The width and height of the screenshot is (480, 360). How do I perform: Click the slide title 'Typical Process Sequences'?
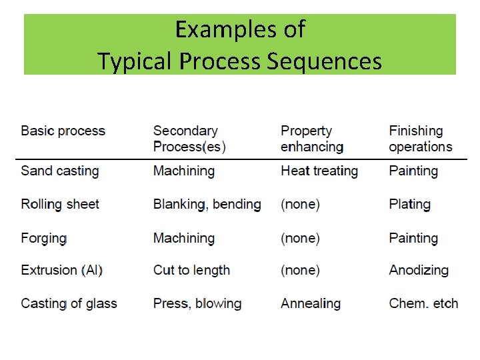coord(239,61)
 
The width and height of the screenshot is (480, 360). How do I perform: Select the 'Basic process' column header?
coord(63,131)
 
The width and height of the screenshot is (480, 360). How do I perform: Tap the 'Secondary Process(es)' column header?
coord(189,139)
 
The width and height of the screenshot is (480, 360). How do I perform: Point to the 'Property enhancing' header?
coord(311,139)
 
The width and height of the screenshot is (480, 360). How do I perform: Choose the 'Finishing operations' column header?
coord(420,139)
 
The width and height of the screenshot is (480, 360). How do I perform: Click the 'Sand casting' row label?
coord(59,171)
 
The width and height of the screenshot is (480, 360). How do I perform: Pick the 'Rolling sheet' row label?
coord(59,204)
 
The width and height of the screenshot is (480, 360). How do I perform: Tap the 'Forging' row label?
coord(43,238)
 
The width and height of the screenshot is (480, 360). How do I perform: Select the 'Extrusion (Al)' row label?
coord(61,270)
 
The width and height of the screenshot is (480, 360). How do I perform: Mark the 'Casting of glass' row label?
coord(69,303)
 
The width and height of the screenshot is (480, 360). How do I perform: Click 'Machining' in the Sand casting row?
coord(184,171)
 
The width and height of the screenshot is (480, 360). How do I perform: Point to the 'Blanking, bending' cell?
coord(207,204)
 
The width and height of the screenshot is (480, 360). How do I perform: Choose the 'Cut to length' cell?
coord(191,270)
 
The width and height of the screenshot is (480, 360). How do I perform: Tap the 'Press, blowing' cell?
coord(197,303)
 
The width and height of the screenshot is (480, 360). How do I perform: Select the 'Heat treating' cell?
coord(319,171)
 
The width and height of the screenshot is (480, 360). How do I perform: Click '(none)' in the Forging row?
coord(300,238)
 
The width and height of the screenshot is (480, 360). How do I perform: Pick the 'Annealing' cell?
coord(310,303)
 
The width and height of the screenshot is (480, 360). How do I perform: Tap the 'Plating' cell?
coord(409,204)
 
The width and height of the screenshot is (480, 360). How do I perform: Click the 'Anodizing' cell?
coord(419,270)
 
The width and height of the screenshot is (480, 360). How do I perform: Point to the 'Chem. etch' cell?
coord(423,303)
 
